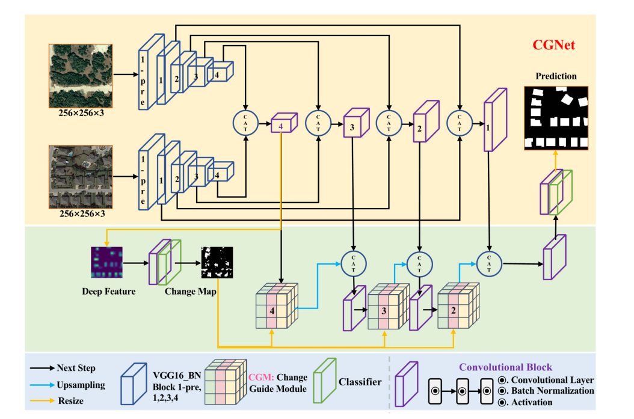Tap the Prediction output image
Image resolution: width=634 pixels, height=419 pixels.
[555, 118]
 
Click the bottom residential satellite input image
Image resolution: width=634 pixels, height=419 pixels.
[80, 176]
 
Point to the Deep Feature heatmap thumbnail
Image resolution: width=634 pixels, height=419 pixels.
[106, 263]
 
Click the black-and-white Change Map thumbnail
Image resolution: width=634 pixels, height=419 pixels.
[217, 263]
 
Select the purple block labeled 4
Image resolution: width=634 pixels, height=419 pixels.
[282, 124]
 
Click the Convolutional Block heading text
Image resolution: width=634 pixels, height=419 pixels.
[506, 367]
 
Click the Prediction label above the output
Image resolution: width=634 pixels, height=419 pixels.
[556, 76]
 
